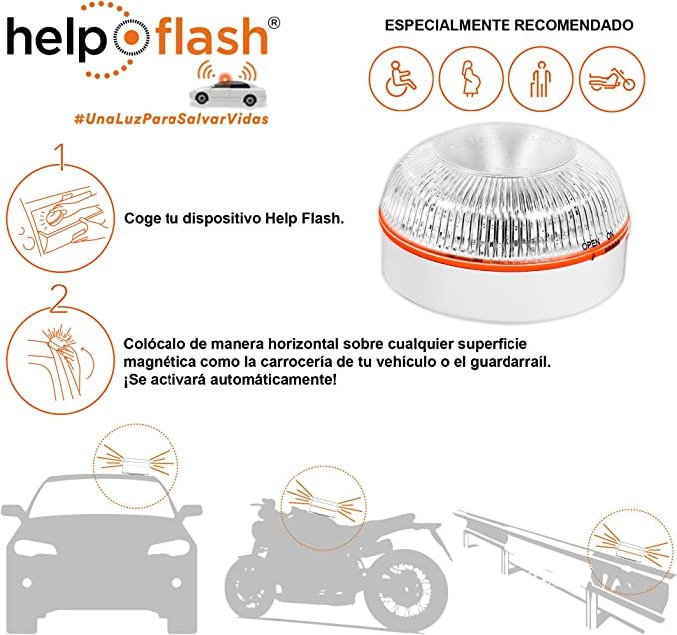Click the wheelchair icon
pos(401,78)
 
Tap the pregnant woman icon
pos(471,78)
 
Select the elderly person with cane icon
pos(541,78)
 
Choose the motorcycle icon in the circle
pos(612,78)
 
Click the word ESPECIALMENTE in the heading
pos(447,25)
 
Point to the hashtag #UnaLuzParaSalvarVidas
pos(171,119)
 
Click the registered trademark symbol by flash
pos(274,23)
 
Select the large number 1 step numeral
pos(60,157)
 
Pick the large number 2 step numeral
pos(59,298)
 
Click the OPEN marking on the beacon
pos(591,245)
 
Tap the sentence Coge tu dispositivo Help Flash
pos(233,219)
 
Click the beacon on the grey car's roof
pos(136,466)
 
